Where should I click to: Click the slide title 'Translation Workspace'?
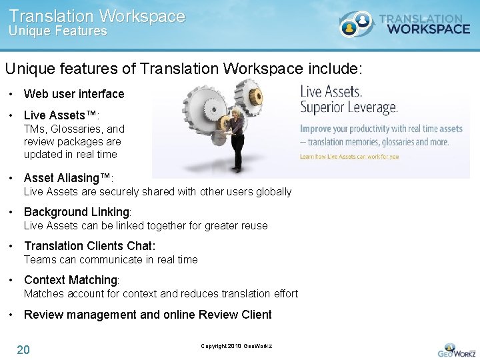97,16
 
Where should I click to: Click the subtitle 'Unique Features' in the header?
57,31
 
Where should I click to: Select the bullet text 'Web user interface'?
74,94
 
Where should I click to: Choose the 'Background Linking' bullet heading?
77,212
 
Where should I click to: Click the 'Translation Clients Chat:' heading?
89,246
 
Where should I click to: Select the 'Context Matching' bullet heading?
71,280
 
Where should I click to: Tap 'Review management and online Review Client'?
147,315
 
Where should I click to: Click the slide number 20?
23,349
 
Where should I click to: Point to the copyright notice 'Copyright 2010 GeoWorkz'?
236,346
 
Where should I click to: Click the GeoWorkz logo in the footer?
456,349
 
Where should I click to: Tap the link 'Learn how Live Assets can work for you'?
349,157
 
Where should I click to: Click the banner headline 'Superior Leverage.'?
349,107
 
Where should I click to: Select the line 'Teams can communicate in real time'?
111,259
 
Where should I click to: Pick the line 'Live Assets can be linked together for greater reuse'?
145,226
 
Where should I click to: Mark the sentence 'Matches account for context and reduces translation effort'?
161,293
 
